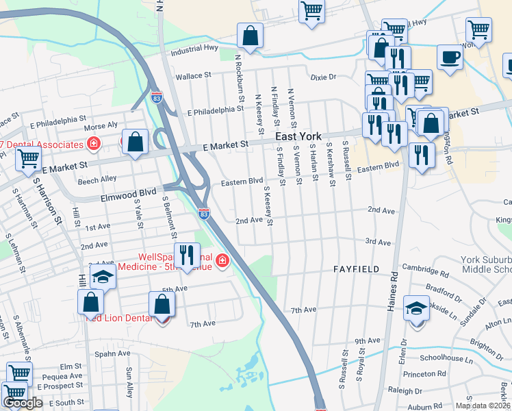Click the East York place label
click(x=298, y=136)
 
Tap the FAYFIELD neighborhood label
click(x=356, y=269)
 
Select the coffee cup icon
click(x=450, y=58)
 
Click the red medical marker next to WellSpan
click(x=222, y=260)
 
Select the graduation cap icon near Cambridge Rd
click(x=416, y=307)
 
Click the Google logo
click(x=23, y=403)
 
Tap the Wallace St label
click(x=196, y=77)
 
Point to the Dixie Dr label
click(x=323, y=77)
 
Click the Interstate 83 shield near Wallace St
click(x=156, y=97)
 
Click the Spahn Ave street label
click(x=112, y=353)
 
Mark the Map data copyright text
click(x=483, y=406)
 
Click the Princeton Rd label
click(x=424, y=374)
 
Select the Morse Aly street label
click(x=101, y=126)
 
